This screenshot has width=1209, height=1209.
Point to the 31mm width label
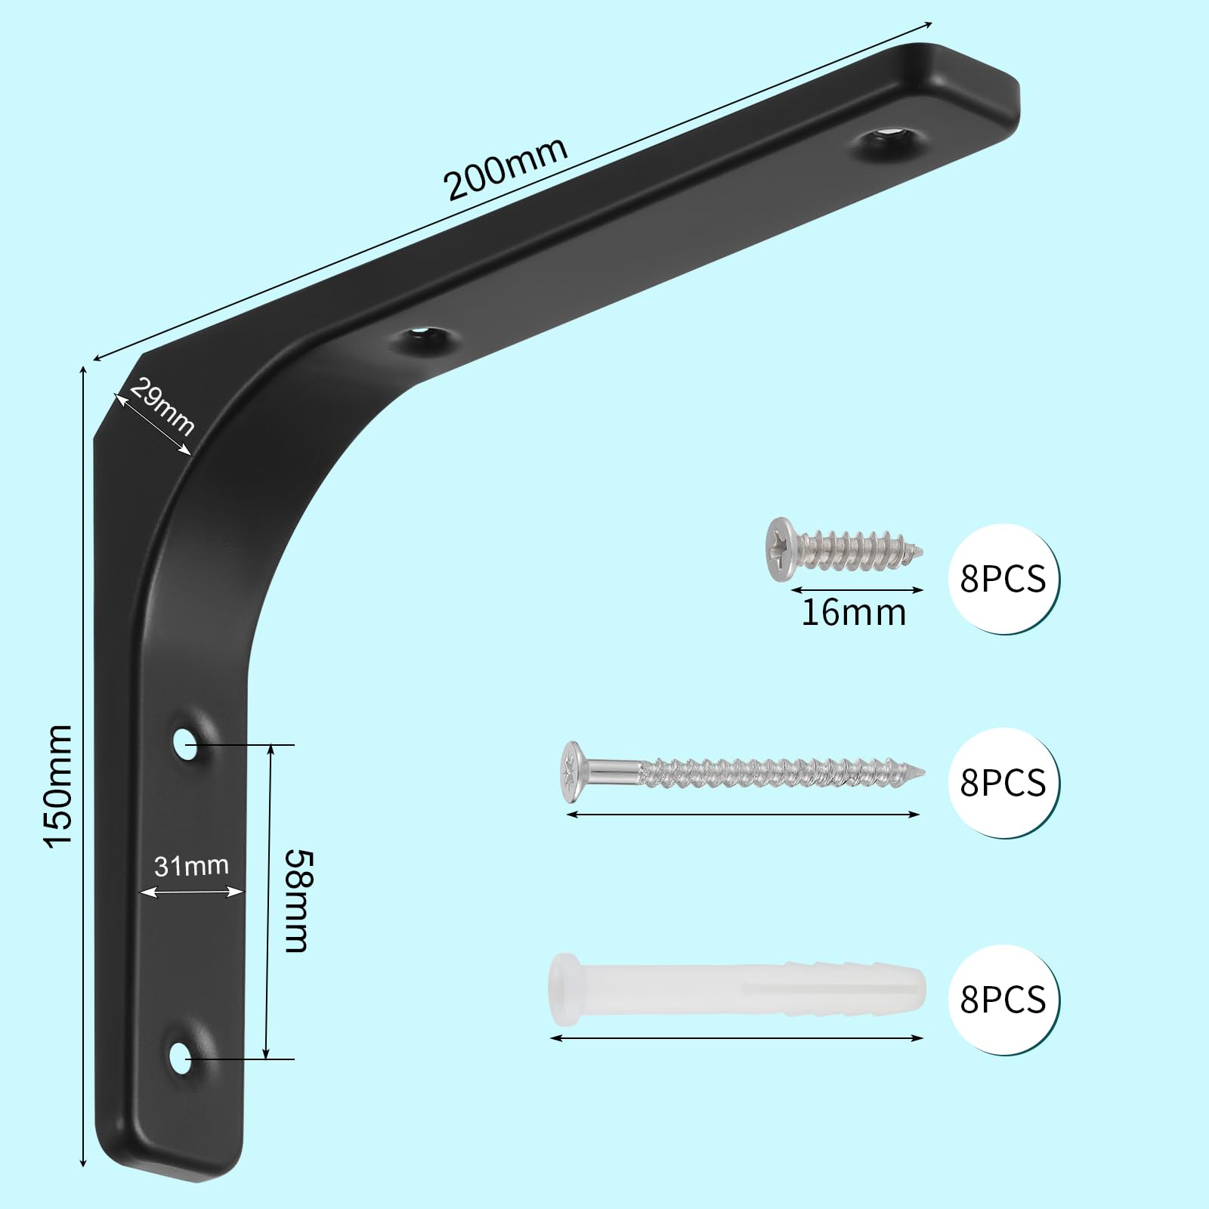(x=191, y=865)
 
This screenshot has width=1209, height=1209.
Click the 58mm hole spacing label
(x=296, y=901)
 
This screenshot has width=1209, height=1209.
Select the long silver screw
(x=744, y=771)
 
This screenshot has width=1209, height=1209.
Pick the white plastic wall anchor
(x=735, y=990)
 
